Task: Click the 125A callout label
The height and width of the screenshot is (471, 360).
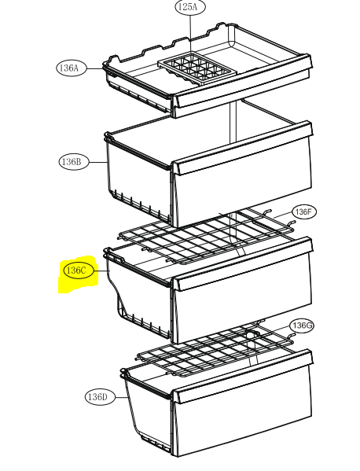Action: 190,7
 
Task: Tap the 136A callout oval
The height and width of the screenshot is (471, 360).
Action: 72,68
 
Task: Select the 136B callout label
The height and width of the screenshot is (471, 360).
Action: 74,162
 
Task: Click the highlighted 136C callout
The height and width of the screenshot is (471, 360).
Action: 79,270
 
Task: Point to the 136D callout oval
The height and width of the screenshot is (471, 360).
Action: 100,397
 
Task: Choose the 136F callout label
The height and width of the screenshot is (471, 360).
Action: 304,212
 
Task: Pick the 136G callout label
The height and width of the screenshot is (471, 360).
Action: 302,326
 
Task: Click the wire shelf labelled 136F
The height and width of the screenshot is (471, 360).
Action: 206,237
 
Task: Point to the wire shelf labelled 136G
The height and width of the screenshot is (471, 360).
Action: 215,349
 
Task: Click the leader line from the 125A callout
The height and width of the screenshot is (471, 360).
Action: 191,33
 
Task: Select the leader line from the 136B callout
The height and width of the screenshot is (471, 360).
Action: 98,162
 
